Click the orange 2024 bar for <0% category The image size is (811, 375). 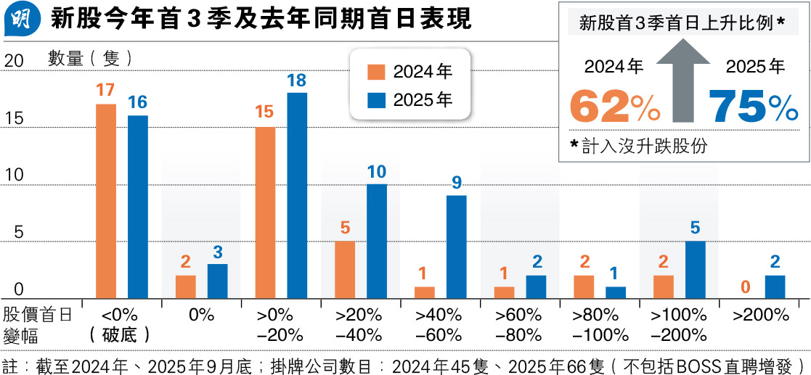106,200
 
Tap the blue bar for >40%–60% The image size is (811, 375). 456,246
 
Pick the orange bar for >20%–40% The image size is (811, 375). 345,268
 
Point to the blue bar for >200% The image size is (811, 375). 775,286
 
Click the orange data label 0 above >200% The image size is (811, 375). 744,288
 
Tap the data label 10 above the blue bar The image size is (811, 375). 377,171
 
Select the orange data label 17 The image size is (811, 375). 106,91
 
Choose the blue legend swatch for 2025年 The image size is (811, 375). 376,100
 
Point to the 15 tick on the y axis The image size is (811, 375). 14,118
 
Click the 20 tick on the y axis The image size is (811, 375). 14,62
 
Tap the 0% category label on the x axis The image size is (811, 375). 200,315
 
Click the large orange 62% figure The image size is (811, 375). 614,107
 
